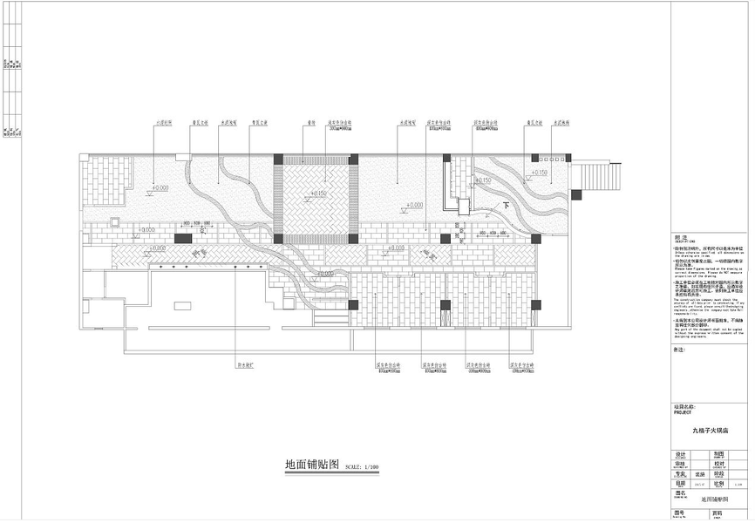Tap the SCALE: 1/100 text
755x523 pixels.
364,467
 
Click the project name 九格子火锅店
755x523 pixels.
710,430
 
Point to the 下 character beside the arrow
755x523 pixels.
507,206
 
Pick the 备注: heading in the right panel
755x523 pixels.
680,350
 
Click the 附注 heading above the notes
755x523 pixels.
682,236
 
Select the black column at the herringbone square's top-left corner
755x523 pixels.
278,159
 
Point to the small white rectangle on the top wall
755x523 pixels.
182,157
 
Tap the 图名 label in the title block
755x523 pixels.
682,492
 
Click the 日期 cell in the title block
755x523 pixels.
682,482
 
